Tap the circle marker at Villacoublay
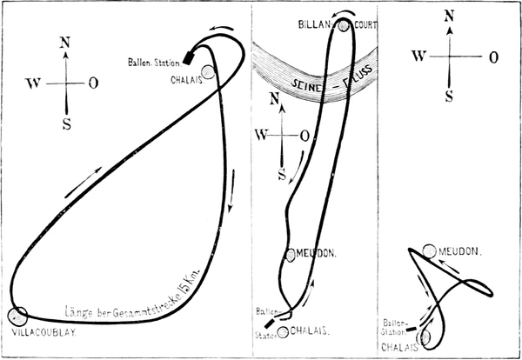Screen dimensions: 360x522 pyautogui.click(x=17, y=316)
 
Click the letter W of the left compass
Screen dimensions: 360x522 pyautogui.click(x=35, y=83)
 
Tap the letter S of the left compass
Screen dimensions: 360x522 pyautogui.click(x=66, y=123)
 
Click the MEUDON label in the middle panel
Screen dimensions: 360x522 pyautogui.click(x=313, y=255)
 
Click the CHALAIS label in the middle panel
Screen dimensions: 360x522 pyautogui.click(x=309, y=330)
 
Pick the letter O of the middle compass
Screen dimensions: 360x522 pyautogui.click(x=304, y=135)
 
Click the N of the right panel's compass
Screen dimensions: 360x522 pyautogui.click(x=448, y=15)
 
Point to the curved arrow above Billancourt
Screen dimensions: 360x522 pyautogui.click(x=345, y=13)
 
